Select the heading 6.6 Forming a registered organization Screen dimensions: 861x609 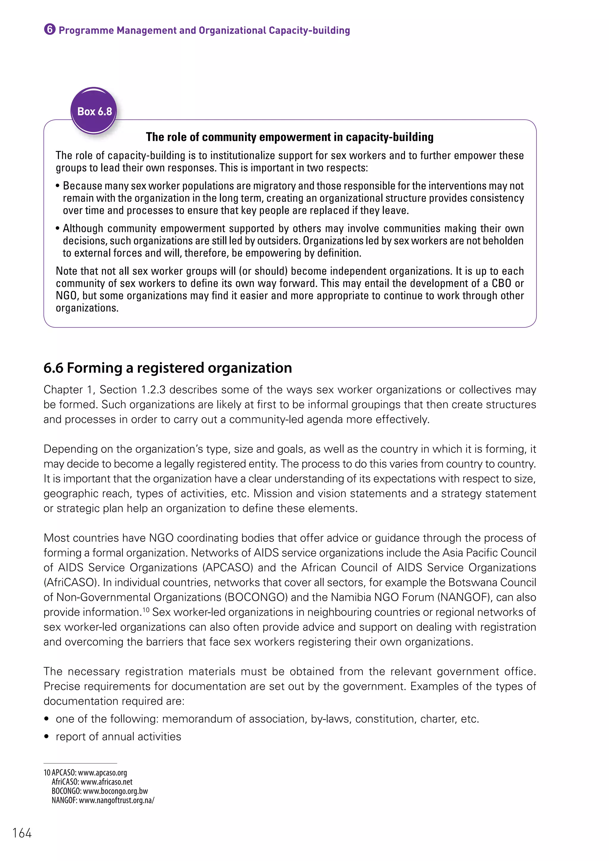(168, 368)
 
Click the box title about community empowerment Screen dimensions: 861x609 (290, 137)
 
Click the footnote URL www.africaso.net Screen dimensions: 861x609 (106, 782)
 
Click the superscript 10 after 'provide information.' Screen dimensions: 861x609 (146, 609)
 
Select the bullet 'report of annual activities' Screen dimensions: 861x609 (118, 736)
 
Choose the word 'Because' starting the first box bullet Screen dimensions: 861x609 (81, 186)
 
